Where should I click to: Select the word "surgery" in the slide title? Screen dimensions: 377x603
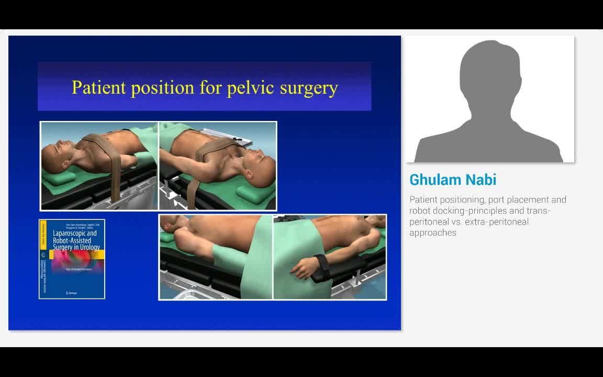(x=309, y=87)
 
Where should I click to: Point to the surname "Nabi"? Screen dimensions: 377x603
(x=479, y=180)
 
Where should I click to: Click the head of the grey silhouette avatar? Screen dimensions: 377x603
(x=489, y=71)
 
